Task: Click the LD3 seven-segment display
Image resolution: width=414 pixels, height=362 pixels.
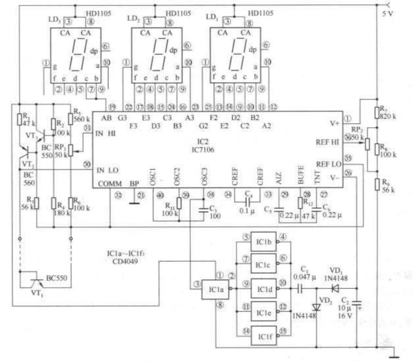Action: pyautogui.click(x=78, y=55)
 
